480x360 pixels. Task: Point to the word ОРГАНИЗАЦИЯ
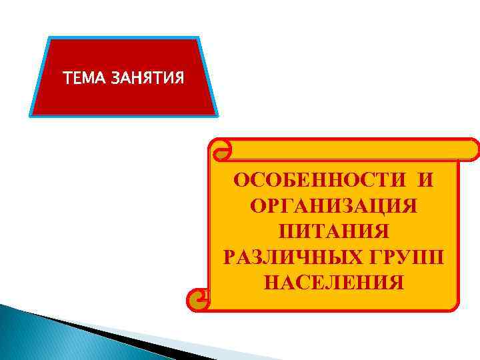pyautogui.click(x=334, y=206)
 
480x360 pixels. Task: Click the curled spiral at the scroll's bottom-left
pyautogui.click(x=198, y=301)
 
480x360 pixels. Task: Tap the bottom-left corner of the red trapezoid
pyautogui.click(x=31, y=115)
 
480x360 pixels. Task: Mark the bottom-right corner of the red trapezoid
pyautogui.click(x=216, y=115)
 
